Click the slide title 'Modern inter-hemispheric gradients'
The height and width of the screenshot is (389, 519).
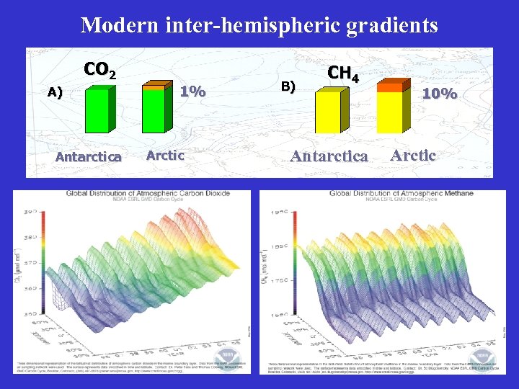click(259, 25)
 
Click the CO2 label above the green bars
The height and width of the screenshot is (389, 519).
click(99, 70)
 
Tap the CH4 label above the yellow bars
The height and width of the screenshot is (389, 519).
click(343, 73)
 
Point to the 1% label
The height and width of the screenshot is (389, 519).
click(192, 91)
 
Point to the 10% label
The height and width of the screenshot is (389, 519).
click(439, 94)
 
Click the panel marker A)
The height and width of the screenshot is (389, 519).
click(55, 92)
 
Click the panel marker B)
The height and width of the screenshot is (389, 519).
click(288, 86)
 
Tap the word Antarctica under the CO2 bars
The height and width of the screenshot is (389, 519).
click(89, 157)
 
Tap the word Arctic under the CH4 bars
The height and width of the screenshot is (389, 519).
click(413, 155)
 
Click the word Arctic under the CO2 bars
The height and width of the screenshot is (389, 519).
click(165, 155)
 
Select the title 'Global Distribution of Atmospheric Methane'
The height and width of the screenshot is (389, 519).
click(402, 193)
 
